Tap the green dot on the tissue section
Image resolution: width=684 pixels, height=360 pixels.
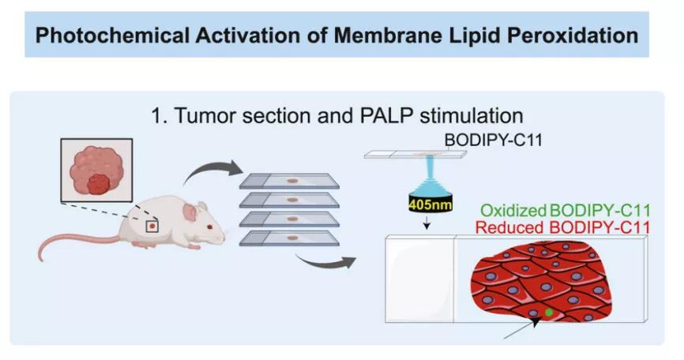click(x=550, y=313)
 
